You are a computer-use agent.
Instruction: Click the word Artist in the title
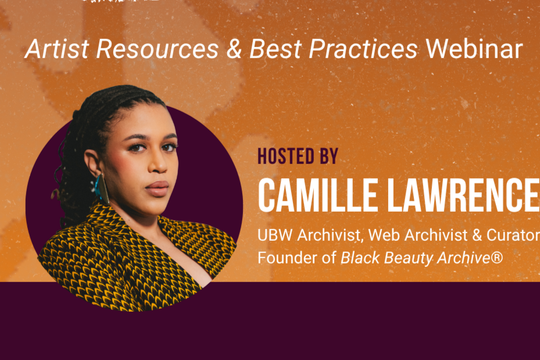(56, 50)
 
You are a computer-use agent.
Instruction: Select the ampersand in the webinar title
(234, 50)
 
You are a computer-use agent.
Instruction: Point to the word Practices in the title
(363, 50)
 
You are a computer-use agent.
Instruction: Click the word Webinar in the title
(474, 50)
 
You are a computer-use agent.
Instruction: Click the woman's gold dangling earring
(102, 188)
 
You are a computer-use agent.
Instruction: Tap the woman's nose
(158, 165)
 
